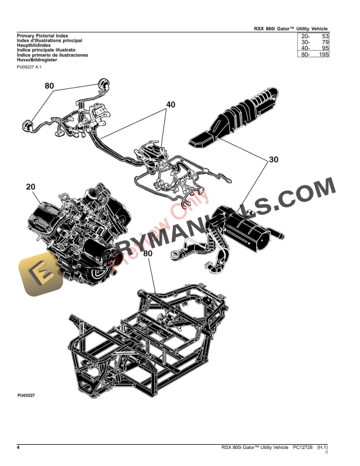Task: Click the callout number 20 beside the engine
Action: (x=31, y=187)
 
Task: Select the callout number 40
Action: (x=171, y=105)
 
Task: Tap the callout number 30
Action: (x=273, y=159)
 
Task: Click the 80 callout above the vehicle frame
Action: (x=147, y=254)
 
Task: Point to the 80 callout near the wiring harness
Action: (x=49, y=86)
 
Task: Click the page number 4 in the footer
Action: (x=19, y=448)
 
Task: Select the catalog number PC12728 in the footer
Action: (x=303, y=448)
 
